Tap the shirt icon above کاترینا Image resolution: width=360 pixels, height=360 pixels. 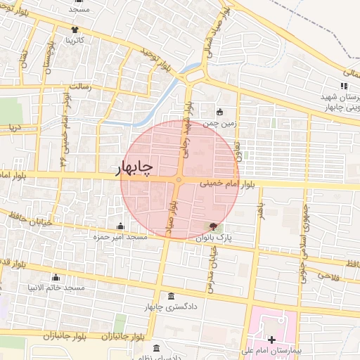[75, 30]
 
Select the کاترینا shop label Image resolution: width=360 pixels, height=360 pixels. [75, 41]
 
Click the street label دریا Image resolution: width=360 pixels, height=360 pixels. [13, 128]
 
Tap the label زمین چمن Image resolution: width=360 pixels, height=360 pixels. [219, 123]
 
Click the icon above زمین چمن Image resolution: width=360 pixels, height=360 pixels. [219, 112]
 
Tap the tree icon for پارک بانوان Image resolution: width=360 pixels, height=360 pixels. [212, 226]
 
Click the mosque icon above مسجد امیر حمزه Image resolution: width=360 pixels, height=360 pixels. [120, 226]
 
